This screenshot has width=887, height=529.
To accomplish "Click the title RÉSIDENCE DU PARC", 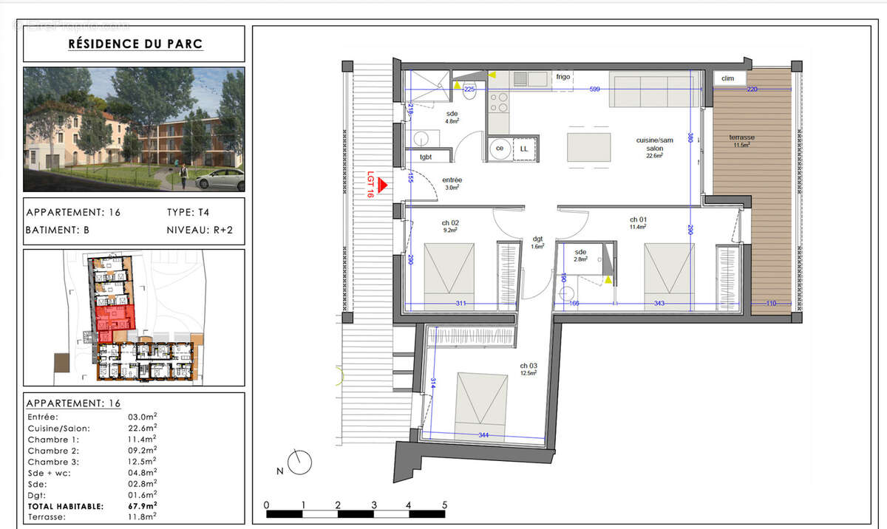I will click(135, 44).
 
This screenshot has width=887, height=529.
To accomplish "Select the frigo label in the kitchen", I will click(563, 77).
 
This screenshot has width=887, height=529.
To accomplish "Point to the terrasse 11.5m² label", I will click(741, 140).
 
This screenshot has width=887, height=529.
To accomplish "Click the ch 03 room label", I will click(527, 369).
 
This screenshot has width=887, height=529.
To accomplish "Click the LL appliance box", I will click(523, 149).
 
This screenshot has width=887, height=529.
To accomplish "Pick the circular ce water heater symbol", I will click(499, 149).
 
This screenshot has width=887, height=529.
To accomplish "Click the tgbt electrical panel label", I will click(426, 157).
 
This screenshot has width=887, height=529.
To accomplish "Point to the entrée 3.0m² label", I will click(452, 183).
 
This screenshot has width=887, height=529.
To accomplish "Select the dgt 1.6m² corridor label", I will click(537, 242).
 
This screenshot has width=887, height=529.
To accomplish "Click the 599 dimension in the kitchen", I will click(596, 89).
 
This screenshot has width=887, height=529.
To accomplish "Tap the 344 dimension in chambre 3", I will click(483, 435).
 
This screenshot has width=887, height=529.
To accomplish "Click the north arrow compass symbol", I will click(299, 463).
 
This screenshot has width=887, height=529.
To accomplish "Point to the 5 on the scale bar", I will click(444, 505).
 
